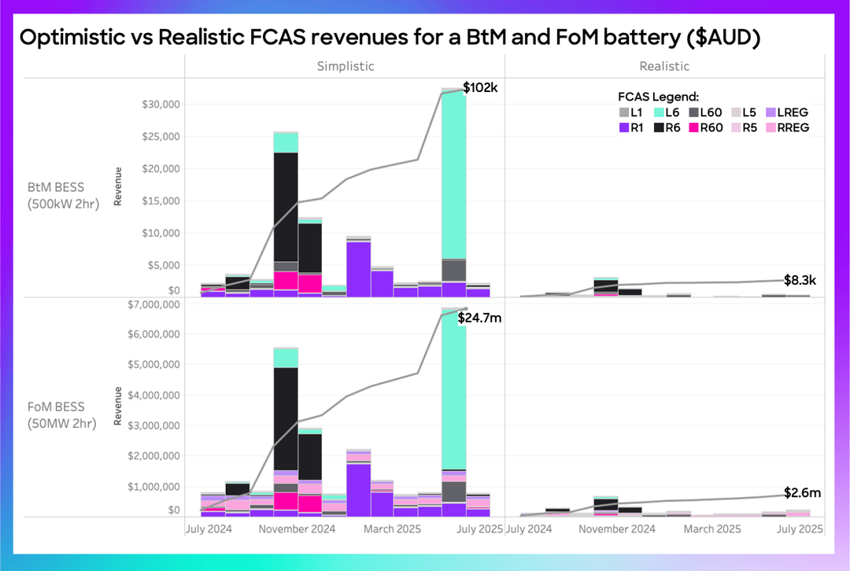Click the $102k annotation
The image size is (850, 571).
479,87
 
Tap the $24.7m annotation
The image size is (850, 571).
480,318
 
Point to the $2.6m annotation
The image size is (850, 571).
802,493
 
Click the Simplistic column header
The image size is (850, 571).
345,66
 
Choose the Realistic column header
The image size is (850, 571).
664,66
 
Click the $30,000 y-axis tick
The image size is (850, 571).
161,104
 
